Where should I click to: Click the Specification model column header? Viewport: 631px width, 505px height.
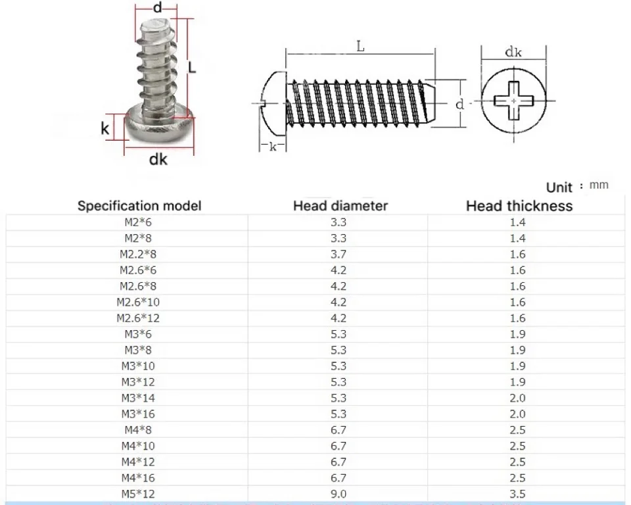click(139, 206)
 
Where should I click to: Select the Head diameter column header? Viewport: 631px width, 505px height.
click(340, 206)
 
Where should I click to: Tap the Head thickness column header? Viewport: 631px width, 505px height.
click(519, 206)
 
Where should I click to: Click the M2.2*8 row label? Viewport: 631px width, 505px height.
click(138, 254)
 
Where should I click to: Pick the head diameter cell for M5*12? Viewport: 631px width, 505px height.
click(339, 494)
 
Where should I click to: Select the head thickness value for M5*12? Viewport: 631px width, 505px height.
click(517, 494)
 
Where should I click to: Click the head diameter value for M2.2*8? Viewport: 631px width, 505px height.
click(339, 254)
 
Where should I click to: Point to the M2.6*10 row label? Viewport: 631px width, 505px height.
click(138, 302)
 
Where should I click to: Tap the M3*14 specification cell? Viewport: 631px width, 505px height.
click(138, 398)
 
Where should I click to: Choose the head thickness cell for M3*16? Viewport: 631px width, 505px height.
click(517, 414)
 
